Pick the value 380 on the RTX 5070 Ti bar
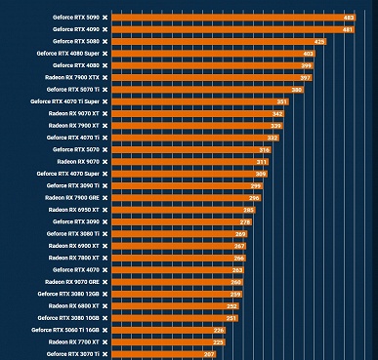297,90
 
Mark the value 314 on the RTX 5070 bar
264,149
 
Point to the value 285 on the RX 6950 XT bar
248,210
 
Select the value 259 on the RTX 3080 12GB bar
235,294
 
